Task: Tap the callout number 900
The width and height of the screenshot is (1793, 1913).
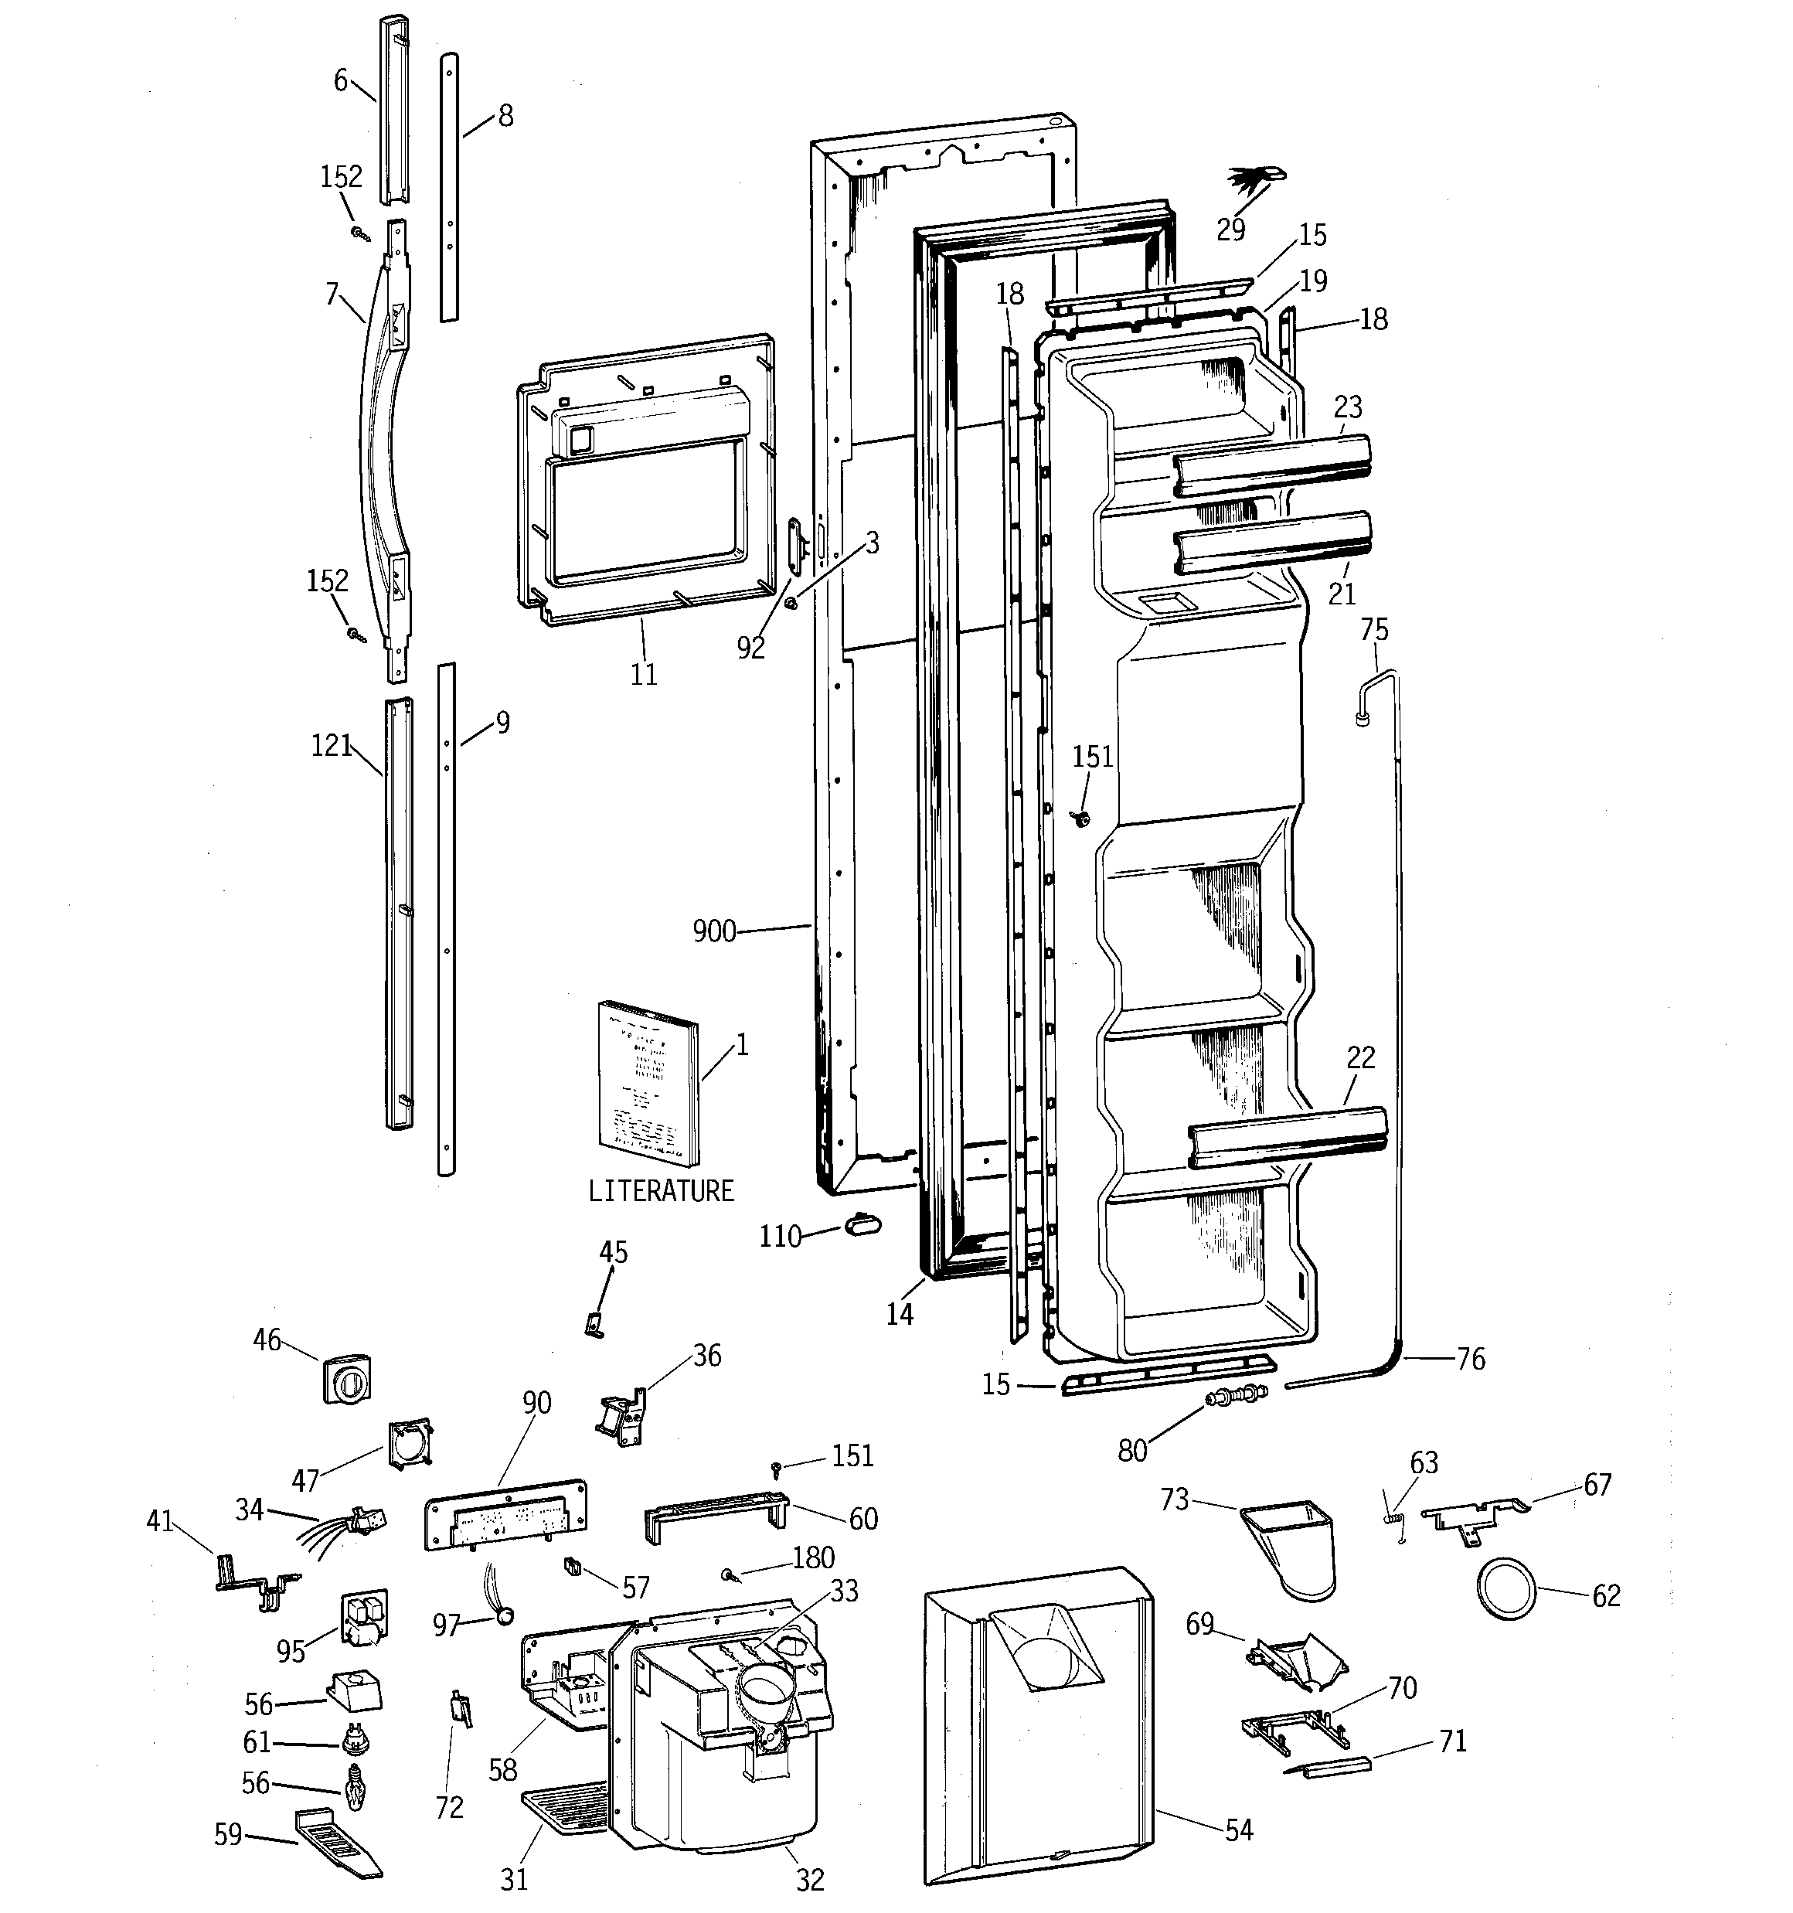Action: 714,931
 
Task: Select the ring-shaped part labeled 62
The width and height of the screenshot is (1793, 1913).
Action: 1506,1591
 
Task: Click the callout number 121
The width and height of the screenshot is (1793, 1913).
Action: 331,746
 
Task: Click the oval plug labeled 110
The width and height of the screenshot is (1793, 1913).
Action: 862,1223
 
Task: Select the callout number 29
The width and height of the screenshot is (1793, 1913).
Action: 1230,230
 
